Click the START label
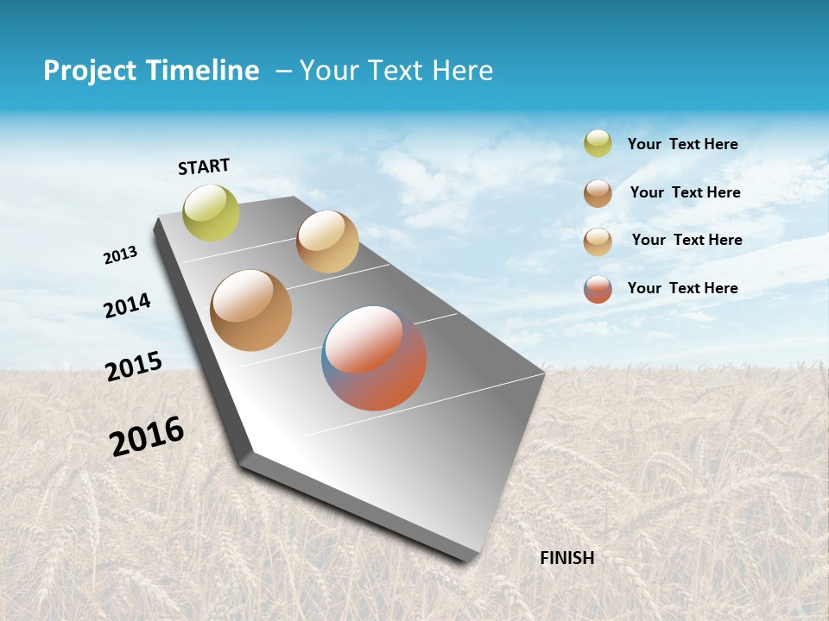click(204, 166)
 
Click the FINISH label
click(566, 558)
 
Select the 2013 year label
click(120, 255)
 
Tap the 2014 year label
click(127, 305)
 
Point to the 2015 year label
click(134, 366)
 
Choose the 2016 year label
click(147, 436)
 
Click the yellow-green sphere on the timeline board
click(211, 212)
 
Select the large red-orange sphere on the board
click(374, 357)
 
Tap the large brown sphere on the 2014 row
click(250, 310)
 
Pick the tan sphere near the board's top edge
click(327, 241)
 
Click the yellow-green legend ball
click(598, 143)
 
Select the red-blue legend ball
click(598, 289)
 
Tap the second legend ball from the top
click(598, 193)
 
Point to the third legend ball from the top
click(598, 241)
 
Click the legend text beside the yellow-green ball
click(682, 144)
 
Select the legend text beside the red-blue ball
click(682, 288)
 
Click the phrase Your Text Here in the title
click(396, 71)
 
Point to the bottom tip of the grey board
click(466, 559)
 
